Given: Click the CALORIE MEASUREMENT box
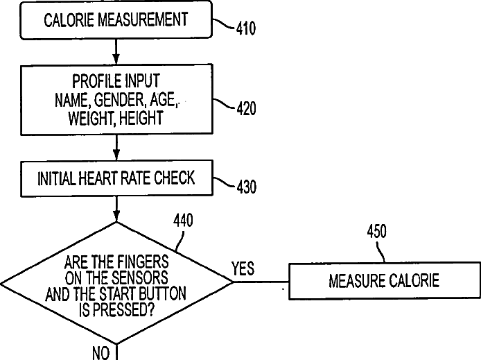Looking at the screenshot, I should [116, 21].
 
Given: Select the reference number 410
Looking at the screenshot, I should [244, 29].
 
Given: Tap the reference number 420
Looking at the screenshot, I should [244, 109].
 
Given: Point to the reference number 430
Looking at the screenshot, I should [244, 187].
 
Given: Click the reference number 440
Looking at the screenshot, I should [183, 221].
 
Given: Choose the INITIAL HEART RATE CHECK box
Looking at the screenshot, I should [116, 178].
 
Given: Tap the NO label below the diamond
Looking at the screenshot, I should [100, 353].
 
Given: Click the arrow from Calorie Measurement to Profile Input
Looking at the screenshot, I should [116, 51].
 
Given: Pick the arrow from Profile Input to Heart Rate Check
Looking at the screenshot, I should [116, 148].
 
